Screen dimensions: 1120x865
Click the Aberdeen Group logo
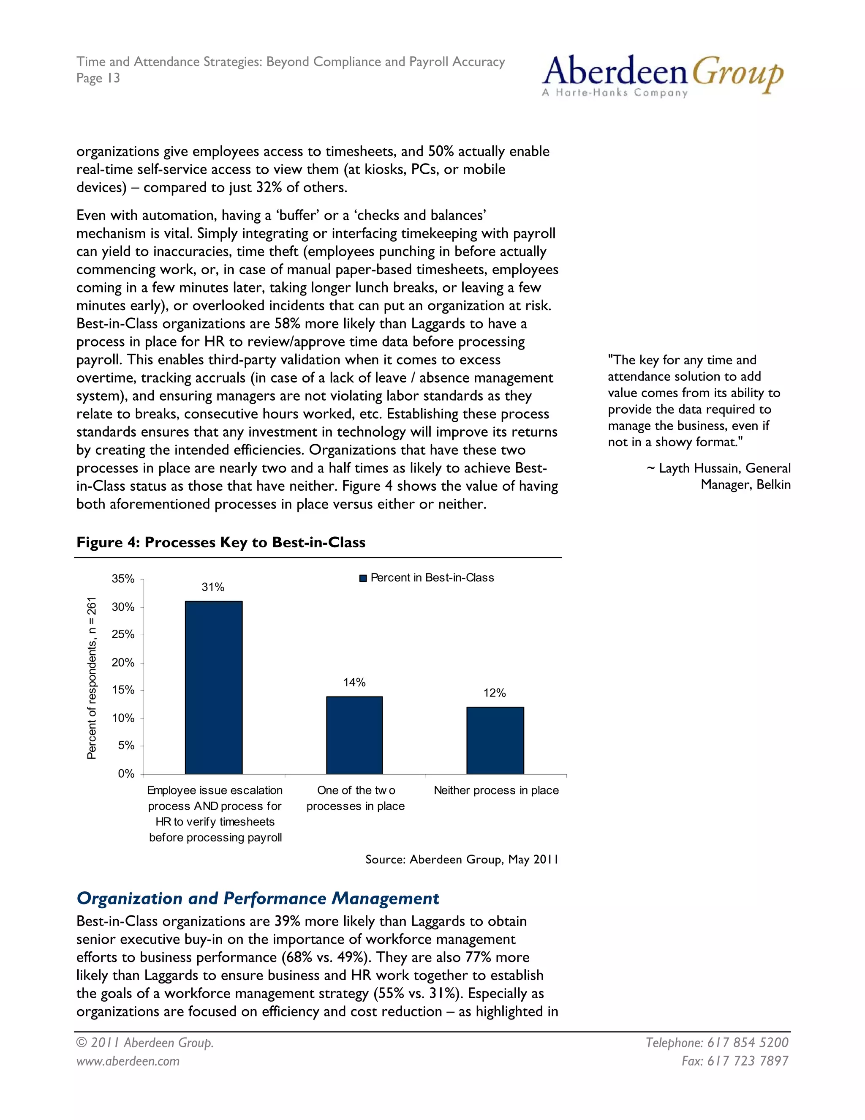pos(662,76)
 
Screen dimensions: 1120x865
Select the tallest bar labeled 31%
pos(214,687)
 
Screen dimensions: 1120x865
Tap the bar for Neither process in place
pos(495,740)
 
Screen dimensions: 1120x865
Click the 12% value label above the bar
pos(495,693)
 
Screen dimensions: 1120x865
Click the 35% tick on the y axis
pos(123,579)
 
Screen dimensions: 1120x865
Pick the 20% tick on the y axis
pos(123,663)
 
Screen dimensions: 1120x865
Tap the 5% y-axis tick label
pos(126,746)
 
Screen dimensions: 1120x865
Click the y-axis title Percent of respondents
pos(92,677)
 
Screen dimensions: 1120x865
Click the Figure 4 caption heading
pos(221,542)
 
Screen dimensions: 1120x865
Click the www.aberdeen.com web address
pos(128,1060)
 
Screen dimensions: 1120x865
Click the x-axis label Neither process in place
pos(496,790)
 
